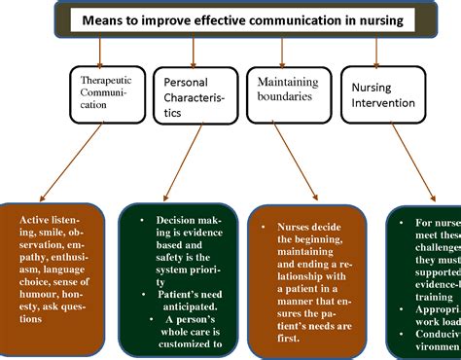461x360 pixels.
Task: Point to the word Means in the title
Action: tap(103, 19)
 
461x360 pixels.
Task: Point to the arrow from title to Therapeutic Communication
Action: tap(107, 50)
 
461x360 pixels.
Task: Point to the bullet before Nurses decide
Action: tap(264, 226)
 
